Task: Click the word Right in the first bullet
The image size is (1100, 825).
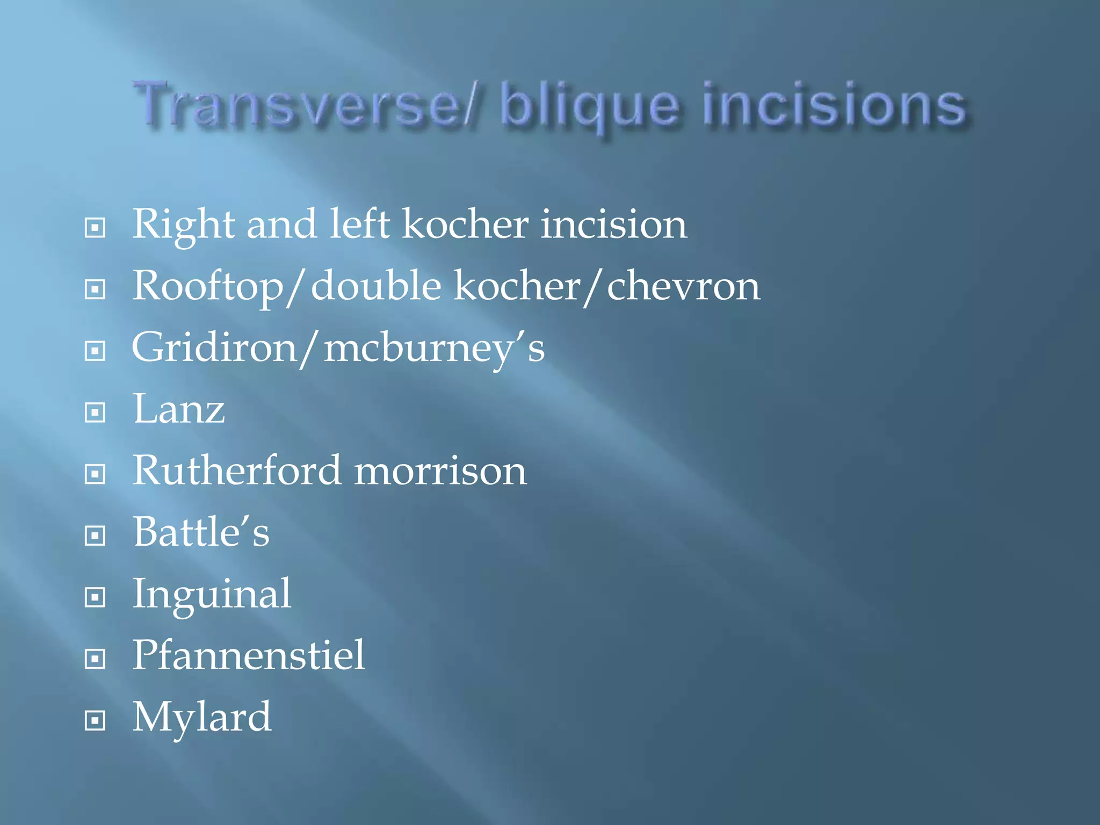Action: [x=183, y=225]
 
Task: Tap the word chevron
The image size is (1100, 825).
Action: [x=683, y=286]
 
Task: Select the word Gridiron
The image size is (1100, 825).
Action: [x=214, y=348]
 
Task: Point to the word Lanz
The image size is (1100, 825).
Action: [x=179, y=409]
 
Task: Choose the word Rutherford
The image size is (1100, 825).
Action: [x=237, y=471]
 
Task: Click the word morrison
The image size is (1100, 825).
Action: [x=440, y=472]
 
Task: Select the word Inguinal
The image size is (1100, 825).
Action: [x=212, y=595]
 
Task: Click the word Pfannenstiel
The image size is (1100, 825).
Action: [x=249, y=655]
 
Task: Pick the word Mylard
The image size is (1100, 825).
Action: [x=202, y=718]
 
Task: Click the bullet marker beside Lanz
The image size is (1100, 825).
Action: [x=95, y=412]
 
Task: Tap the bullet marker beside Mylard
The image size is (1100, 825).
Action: [x=95, y=720]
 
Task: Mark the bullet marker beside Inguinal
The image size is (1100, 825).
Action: [x=95, y=597]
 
